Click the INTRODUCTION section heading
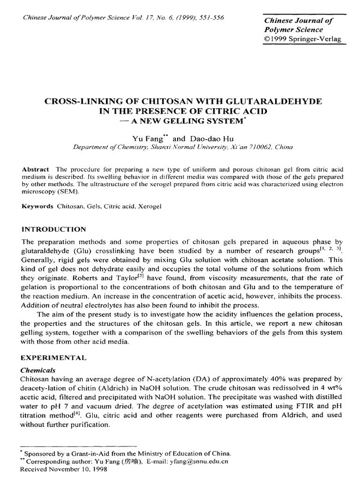point(54,229)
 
